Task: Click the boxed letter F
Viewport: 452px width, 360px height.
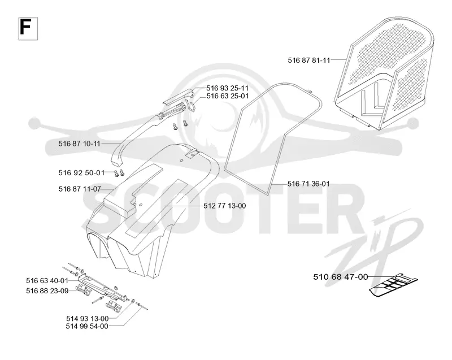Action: click(28, 28)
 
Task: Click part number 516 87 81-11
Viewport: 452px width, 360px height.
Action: click(308, 60)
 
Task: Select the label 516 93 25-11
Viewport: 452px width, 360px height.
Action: click(227, 88)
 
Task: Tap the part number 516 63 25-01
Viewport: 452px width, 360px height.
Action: click(227, 96)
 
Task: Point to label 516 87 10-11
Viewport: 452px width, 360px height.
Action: click(79, 144)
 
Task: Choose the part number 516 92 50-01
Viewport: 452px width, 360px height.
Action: click(81, 172)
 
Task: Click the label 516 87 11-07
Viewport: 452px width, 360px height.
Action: click(80, 189)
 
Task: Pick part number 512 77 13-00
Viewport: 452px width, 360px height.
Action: click(224, 206)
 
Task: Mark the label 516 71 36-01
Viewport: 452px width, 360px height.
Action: click(308, 184)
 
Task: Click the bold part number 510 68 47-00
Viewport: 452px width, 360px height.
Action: click(341, 277)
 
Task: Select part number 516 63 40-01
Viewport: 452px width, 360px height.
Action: click(47, 281)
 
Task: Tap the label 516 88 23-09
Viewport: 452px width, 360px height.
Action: click(47, 291)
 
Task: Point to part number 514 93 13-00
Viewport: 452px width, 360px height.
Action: click(88, 319)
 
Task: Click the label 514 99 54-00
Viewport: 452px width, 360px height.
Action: click(87, 326)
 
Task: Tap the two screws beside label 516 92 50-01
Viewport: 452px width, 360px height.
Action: click(119, 173)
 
